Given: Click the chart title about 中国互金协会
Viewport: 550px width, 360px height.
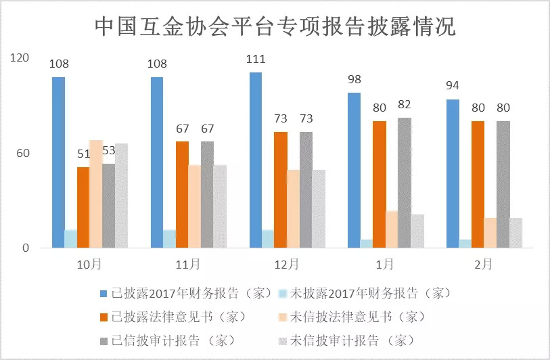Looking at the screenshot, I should (x=275, y=26).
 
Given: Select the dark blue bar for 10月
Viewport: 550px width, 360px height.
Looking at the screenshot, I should (x=59, y=162).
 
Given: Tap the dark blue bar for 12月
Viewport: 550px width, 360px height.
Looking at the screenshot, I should (x=256, y=160).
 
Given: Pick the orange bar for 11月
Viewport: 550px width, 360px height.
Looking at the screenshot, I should (x=182, y=194).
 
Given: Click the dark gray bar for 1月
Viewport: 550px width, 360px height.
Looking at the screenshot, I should (x=405, y=183).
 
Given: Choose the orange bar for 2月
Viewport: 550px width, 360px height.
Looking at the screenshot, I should (x=478, y=184).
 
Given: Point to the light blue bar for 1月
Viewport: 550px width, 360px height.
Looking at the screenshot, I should (x=367, y=244).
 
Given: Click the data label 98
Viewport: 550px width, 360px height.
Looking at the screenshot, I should (x=354, y=80).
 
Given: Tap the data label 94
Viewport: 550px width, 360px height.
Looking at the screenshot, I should (x=453, y=87).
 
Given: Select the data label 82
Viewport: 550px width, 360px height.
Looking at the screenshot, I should (x=405, y=104).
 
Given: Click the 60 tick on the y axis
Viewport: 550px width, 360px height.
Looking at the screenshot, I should (x=24, y=154).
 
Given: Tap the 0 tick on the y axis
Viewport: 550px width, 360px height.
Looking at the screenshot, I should (x=27, y=248).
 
